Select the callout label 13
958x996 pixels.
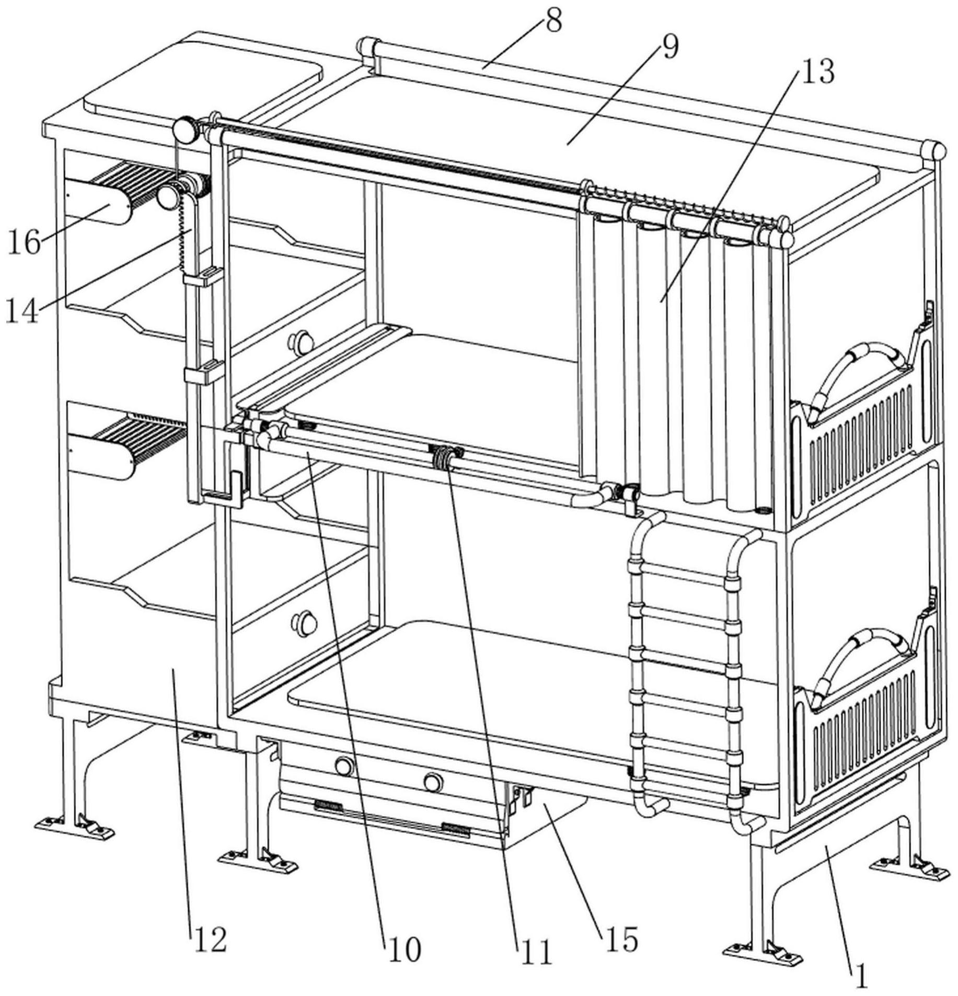tap(818, 72)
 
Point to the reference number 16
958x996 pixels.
tap(24, 243)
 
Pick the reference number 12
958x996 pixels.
tap(211, 940)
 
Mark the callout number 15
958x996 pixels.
tap(622, 939)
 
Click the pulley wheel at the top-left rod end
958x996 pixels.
tap(184, 129)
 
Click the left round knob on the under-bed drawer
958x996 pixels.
tap(344, 766)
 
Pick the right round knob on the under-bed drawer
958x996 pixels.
tap(432, 782)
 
